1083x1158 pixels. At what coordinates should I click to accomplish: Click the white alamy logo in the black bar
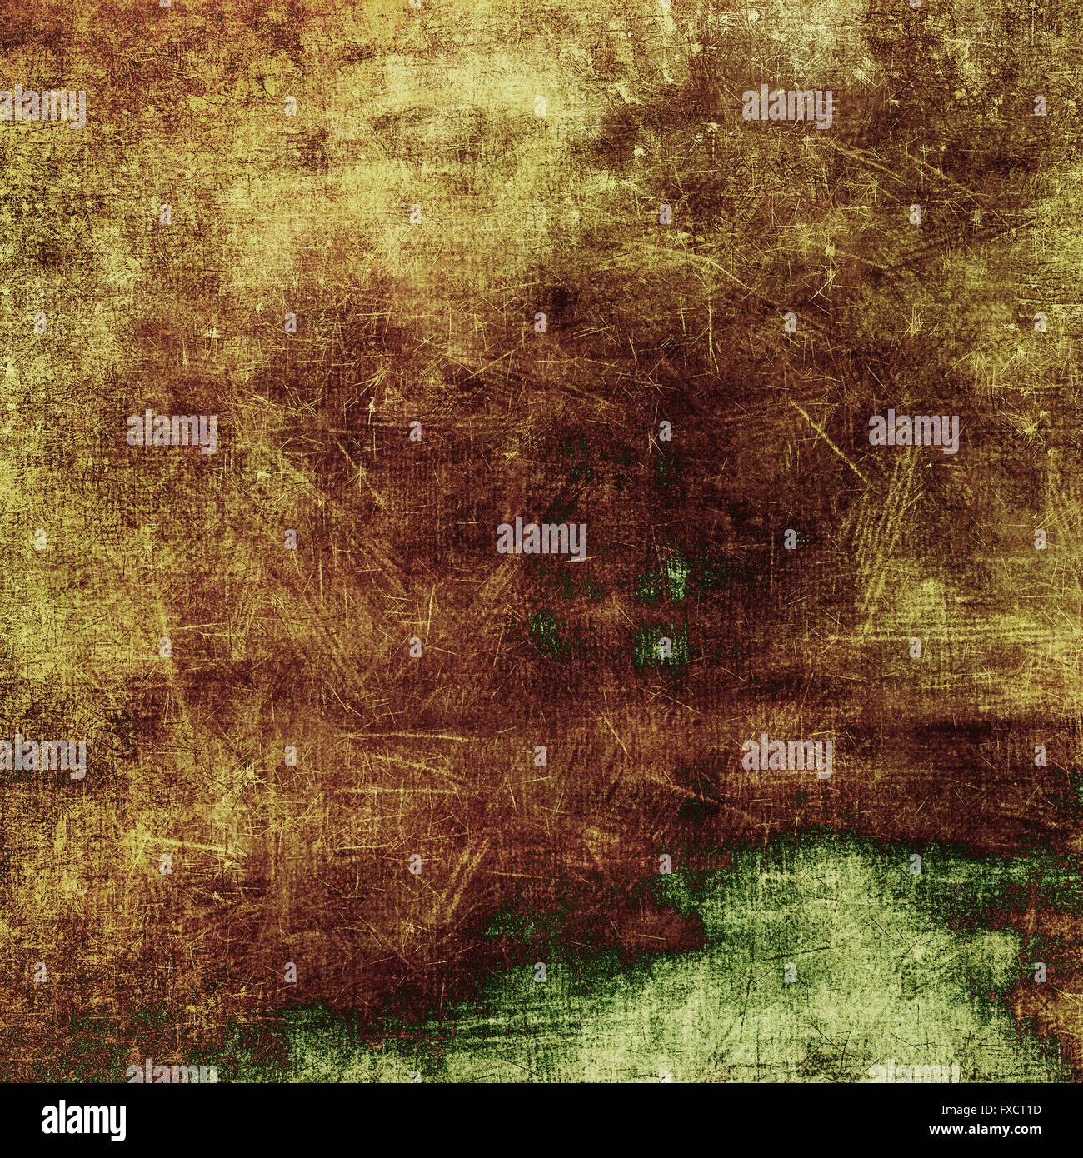[83, 1121]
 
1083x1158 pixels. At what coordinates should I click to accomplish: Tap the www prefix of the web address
[959, 1130]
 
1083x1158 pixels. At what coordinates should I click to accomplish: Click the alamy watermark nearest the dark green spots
[541, 540]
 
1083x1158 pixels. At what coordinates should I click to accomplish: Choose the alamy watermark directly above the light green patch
[786, 756]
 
